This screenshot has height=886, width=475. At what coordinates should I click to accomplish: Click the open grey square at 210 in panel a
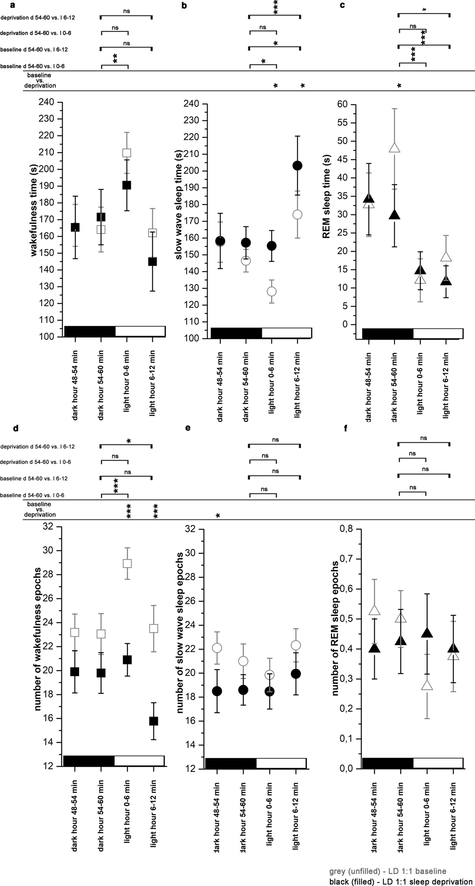[x=127, y=153]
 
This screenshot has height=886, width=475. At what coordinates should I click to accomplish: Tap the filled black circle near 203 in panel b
[x=297, y=165]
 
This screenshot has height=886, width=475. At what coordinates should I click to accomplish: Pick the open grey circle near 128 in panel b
[x=271, y=291]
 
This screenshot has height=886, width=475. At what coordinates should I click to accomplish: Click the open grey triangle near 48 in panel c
[x=394, y=148]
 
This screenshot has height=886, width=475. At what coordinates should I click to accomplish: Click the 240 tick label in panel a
[x=46, y=102]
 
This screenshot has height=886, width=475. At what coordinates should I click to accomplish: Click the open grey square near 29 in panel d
[x=127, y=563]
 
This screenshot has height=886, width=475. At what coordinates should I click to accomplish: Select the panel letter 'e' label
[x=188, y=428]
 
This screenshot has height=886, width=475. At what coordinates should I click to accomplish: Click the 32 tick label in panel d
[x=48, y=526]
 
